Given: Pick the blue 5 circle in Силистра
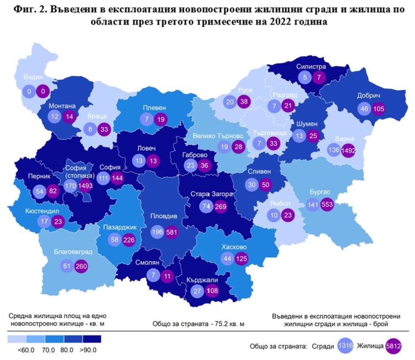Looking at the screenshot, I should pyautogui.click(x=304, y=77).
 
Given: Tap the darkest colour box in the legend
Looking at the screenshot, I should pyautogui.click(x=92, y=339).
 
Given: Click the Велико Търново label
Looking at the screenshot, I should pyautogui.click(x=218, y=135).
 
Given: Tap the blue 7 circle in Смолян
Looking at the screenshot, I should pyautogui.click(x=154, y=275).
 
